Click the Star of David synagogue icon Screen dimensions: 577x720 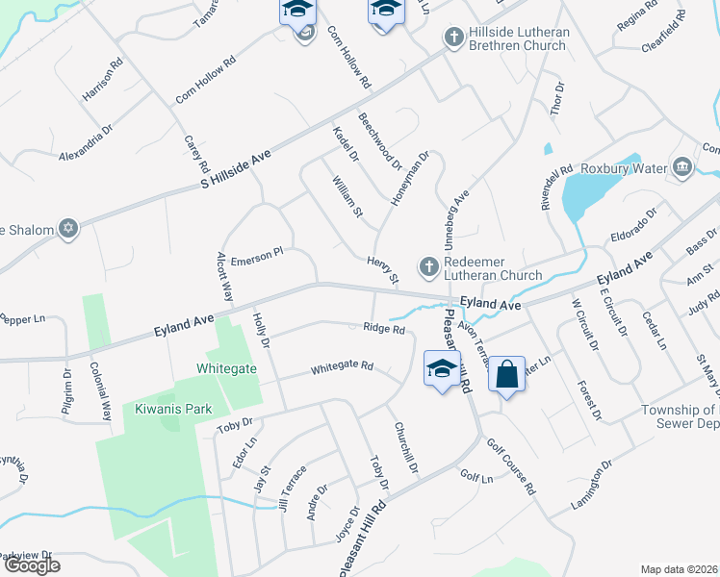(67, 229)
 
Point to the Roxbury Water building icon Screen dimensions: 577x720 (681, 168)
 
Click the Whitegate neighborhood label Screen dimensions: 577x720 (227, 367)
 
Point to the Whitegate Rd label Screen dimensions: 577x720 (342, 367)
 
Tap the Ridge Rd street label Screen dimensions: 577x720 (383, 328)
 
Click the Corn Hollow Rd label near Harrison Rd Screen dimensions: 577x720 (206, 81)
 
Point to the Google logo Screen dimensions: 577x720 (32, 565)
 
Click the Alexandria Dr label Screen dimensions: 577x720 (87, 142)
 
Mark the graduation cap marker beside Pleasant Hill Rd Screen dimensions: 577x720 (442, 370)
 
